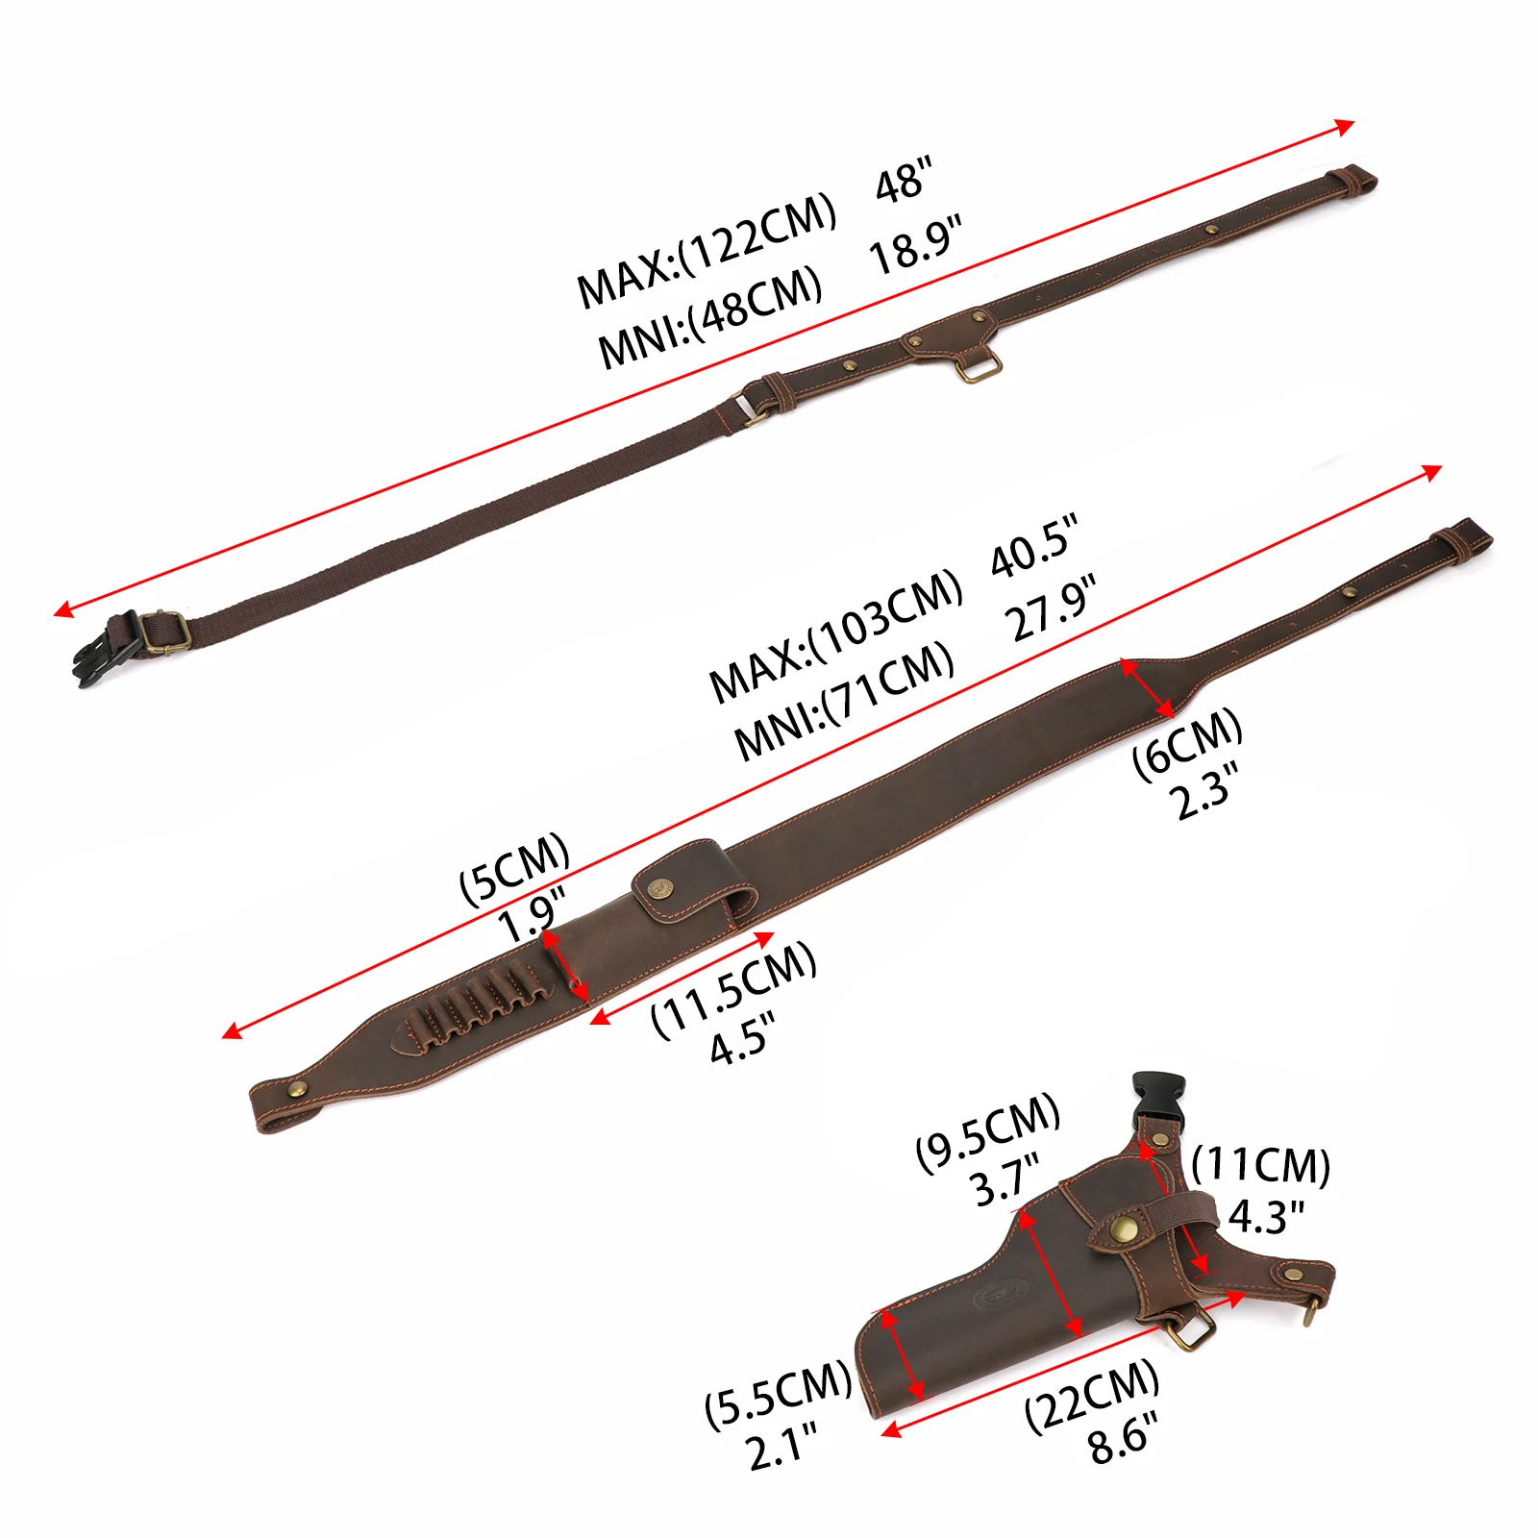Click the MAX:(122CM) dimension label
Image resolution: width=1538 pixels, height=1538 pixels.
(707, 250)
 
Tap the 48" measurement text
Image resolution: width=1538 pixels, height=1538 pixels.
(904, 180)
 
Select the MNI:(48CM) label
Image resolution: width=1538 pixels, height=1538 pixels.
(710, 316)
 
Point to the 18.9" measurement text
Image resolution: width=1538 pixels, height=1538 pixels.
(914, 245)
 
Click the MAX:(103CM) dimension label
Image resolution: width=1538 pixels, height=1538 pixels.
(835, 635)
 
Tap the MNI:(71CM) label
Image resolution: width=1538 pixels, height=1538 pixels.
(844, 701)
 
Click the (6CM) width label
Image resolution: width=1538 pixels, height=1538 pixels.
(1187, 744)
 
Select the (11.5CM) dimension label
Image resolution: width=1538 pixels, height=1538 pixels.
(733, 989)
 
